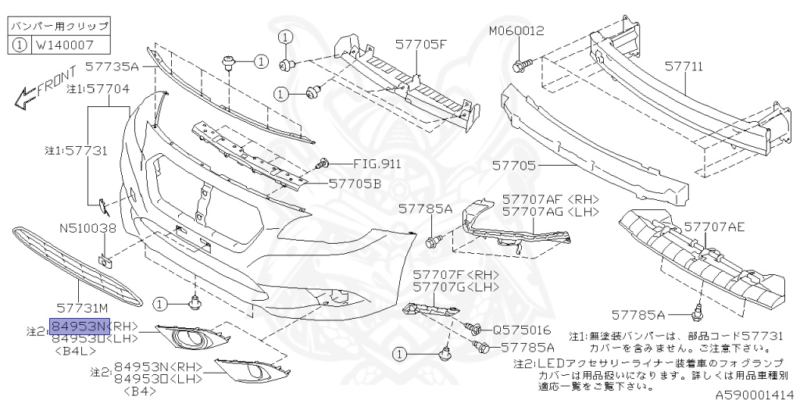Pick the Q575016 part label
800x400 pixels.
(x=522, y=330)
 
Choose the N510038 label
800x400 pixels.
(x=88, y=229)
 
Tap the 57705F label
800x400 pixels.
(x=420, y=44)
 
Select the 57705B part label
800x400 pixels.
(x=355, y=184)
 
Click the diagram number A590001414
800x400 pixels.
(x=753, y=394)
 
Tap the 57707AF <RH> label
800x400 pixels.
(x=550, y=199)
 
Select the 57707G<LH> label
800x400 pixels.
(x=456, y=287)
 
